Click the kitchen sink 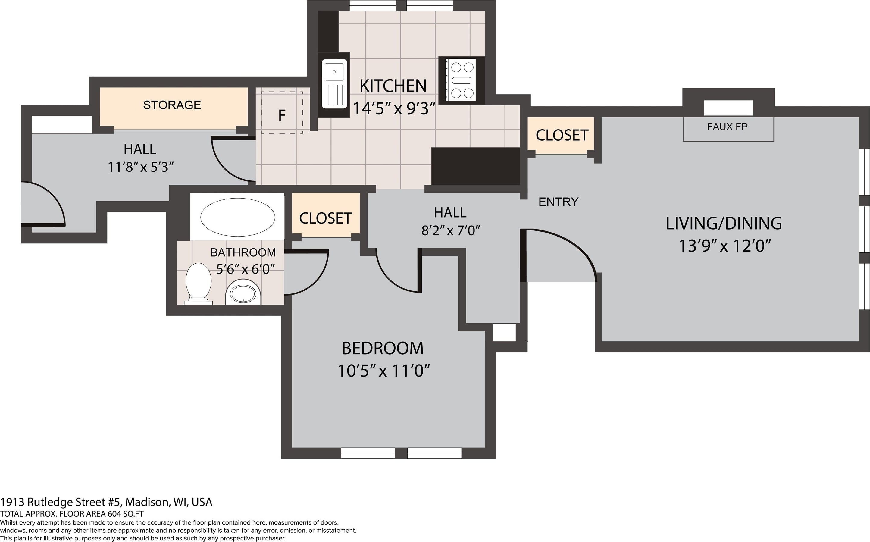pos(334,84)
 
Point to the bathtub pos(237,217)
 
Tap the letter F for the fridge pos(282,115)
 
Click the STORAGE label pos(172,105)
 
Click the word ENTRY pos(558,202)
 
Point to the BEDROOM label pos(383,348)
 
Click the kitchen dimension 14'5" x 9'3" pos(394,108)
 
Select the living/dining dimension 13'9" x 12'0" pos(724,246)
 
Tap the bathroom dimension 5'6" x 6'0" pos(246,268)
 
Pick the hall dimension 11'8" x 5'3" pos(141,167)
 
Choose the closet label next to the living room pos(562,135)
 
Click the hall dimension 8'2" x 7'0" pos(451,230)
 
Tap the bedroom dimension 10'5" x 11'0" pos(384,370)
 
